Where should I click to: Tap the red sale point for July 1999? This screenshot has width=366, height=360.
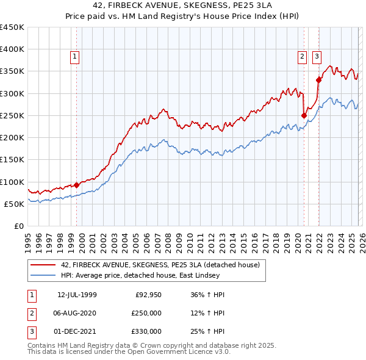click(x=76, y=185)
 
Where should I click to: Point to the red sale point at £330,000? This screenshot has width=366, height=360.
click(x=318, y=80)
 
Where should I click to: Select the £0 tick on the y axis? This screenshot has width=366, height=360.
click(x=18, y=226)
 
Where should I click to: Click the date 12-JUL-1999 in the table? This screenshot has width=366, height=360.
click(x=77, y=295)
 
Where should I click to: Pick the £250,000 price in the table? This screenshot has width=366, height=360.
click(x=146, y=314)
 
